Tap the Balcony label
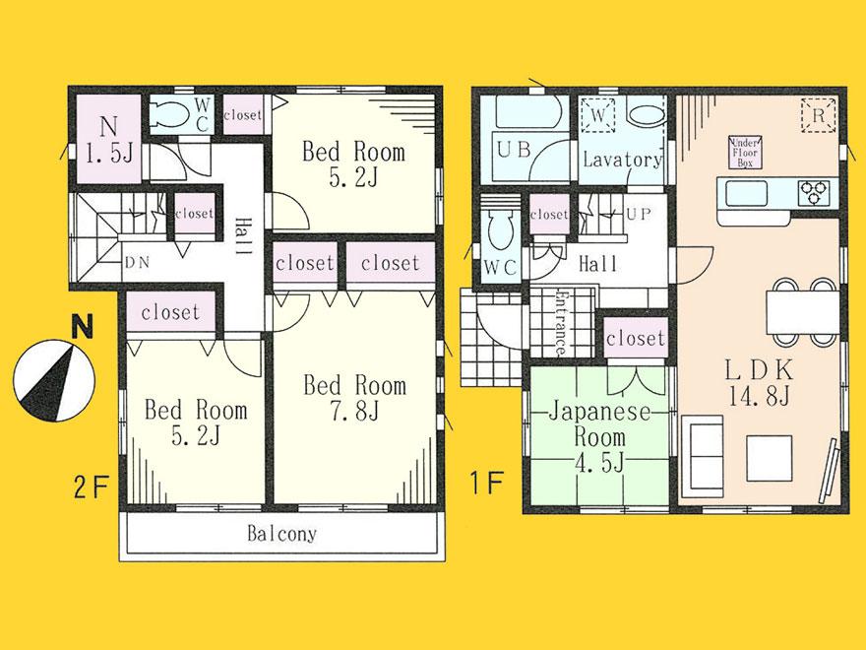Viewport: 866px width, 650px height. tap(281, 535)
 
